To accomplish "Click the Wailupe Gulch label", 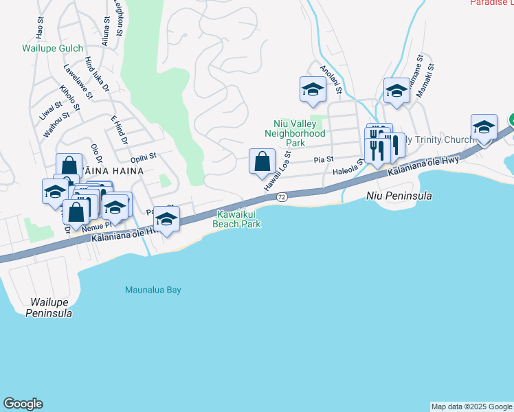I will click(x=52, y=49).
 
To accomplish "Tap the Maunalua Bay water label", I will click(x=153, y=290).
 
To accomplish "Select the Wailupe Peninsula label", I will click(x=49, y=308).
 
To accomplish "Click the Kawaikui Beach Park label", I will click(x=236, y=219).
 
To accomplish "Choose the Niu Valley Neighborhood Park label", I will click(x=295, y=133).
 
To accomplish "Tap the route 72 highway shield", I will click(x=282, y=197).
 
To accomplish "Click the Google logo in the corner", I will click(x=23, y=404).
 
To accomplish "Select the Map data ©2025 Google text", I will click(x=471, y=407).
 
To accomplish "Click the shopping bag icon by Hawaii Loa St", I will click(x=262, y=163).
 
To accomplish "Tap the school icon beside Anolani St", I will click(x=313, y=89).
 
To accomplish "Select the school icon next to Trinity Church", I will click(x=484, y=127).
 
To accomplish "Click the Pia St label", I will click(x=323, y=159).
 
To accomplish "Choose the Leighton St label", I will click(x=119, y=20).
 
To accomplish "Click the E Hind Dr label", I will click(x=119, y=130).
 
